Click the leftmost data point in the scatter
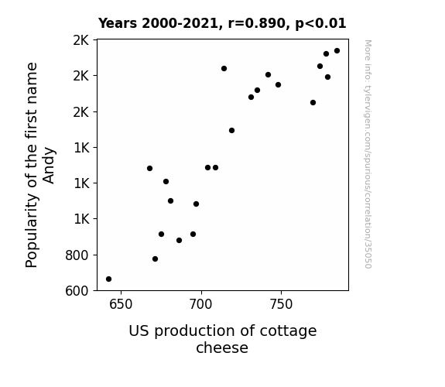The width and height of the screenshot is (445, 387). pos(108,279)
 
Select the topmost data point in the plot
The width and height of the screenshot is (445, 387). pos(337,51)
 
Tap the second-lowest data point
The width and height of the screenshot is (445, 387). pos(155,259)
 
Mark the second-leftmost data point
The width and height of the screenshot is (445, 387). pos(149,169)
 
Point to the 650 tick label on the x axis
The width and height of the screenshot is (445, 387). pos(121,304)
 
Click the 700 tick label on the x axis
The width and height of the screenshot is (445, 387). pos(201,304)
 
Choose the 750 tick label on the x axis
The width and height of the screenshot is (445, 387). pos(281,304)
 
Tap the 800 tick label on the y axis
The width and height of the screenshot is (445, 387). pos(77,255)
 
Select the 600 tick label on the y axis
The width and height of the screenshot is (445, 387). pos(77,291)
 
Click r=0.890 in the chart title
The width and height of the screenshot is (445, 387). pos(257,23)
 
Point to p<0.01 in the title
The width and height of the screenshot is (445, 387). pos(320,24)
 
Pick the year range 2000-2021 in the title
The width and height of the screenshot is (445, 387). pos(180,23)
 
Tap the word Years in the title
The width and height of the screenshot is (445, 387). pos(118,23)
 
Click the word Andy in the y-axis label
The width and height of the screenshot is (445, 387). pos(49,166)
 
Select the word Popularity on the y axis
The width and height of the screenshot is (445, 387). pos(31,231)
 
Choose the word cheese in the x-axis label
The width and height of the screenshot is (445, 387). pos(222,348)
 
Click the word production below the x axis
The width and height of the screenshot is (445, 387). pos(194,331)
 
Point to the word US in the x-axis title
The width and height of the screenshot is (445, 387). pos(139,330)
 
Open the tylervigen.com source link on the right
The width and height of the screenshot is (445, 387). pos(368,154)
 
